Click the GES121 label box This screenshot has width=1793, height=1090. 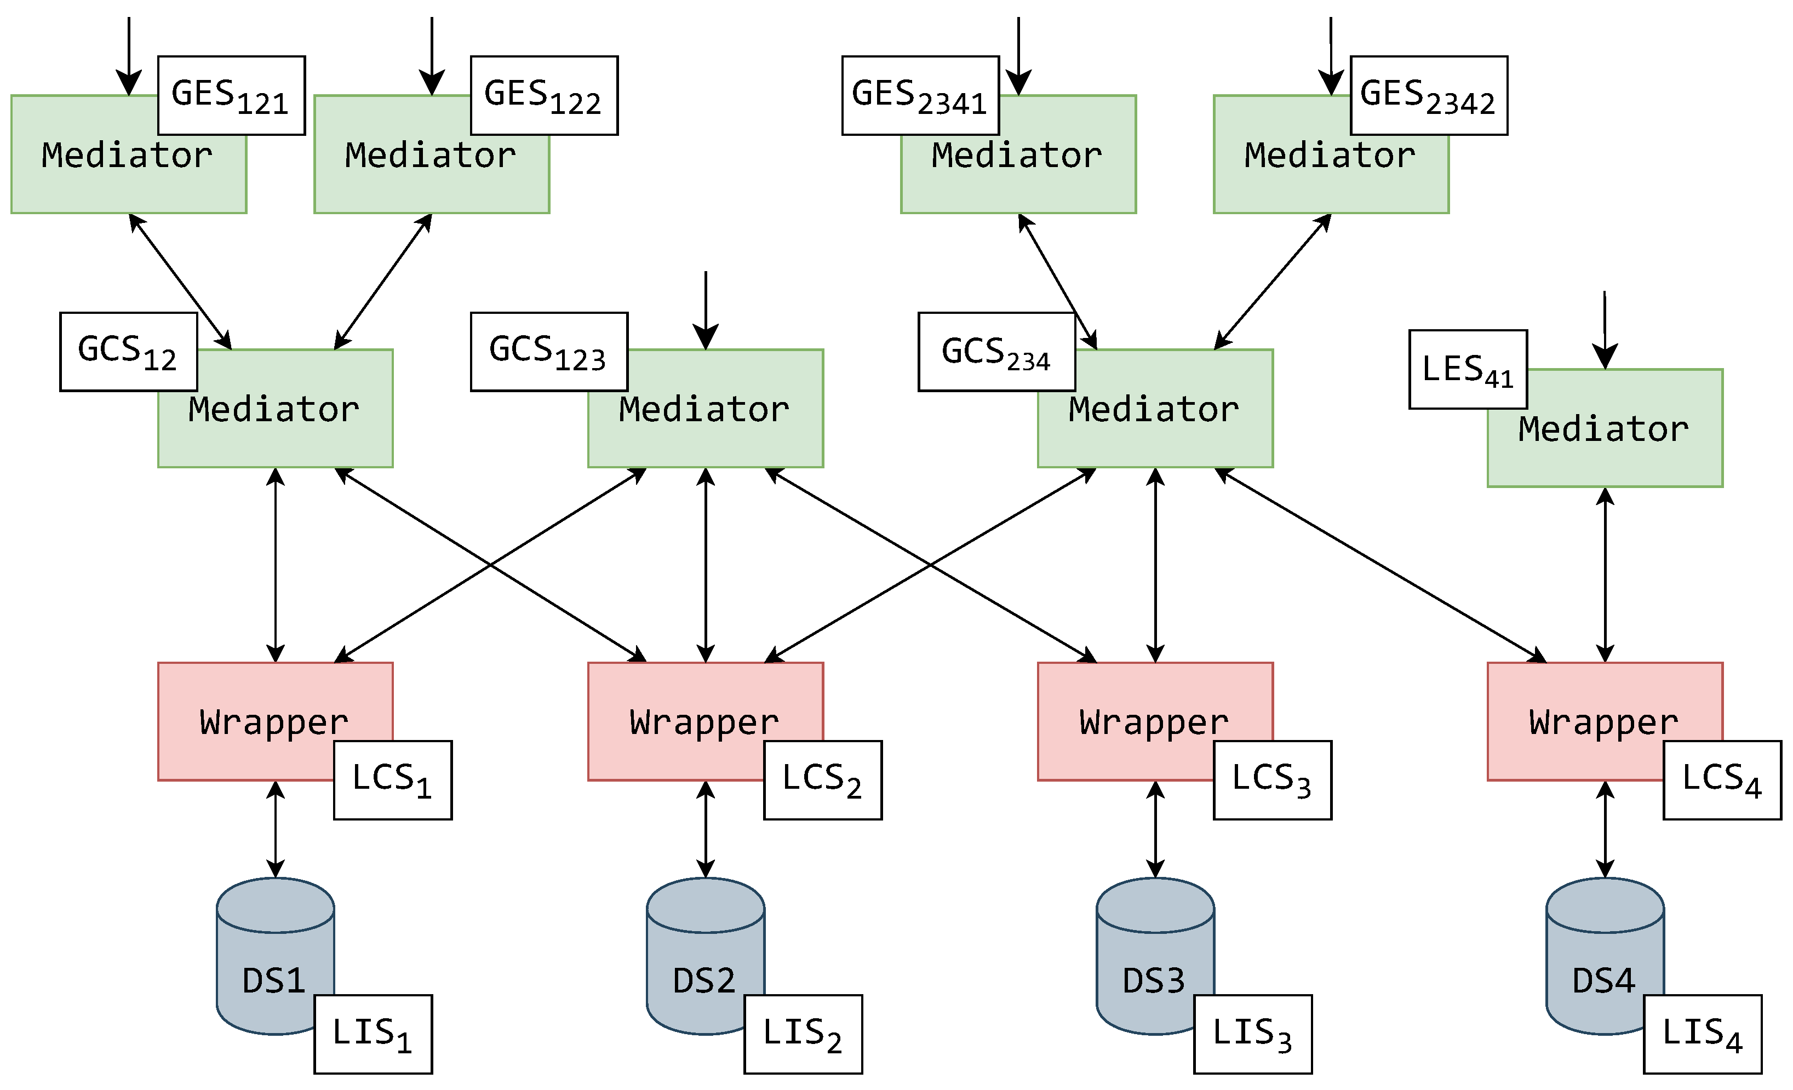[231, 95]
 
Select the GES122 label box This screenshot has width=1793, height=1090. [545, 95]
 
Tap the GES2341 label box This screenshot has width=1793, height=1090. [920, 95]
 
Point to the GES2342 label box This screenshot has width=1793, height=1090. [1429, 95]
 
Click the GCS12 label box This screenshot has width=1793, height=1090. [128, 352]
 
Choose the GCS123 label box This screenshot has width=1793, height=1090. [549, 352]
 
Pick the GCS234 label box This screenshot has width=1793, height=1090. [996, 352]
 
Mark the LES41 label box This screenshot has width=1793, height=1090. [1468, 369]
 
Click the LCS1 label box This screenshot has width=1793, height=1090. [392, 780]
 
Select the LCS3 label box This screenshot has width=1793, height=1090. [1272, 780]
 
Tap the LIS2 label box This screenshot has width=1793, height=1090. [803, 1034]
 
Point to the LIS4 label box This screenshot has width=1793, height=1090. [1702, 1034]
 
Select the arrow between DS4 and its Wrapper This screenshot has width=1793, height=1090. [1605, 829]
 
